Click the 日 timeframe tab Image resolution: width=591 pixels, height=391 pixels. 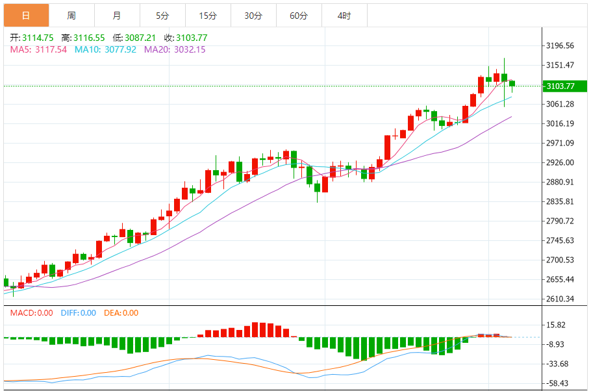(x=26, y=16)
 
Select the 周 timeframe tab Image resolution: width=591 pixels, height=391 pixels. (x=71, y=16)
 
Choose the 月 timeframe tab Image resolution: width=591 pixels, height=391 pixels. (x=117, y=16)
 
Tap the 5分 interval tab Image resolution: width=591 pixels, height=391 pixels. (x=162, y=16)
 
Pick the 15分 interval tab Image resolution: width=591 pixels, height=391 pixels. (x=208, y=16)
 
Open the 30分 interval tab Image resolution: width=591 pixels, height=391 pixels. (x=253, y=16)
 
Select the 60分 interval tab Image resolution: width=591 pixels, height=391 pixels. (x=299, y=16)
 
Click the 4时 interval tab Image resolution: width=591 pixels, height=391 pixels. (x=344, y=16)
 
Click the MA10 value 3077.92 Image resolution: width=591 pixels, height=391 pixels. (x=119, y=49)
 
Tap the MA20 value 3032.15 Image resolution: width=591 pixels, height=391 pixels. (x=188, y=49)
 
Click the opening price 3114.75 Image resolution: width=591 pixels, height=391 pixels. (x=38, y=38)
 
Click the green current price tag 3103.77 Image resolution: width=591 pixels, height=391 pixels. (x=561, y=86)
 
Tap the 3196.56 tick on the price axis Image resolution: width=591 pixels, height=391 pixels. (x=560, y=45)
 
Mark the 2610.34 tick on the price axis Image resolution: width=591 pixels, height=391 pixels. (x=560, y=299)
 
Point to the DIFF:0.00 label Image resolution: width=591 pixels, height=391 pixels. (x=78, y=313)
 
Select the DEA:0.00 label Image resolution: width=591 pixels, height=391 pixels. (x=121, y=313)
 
